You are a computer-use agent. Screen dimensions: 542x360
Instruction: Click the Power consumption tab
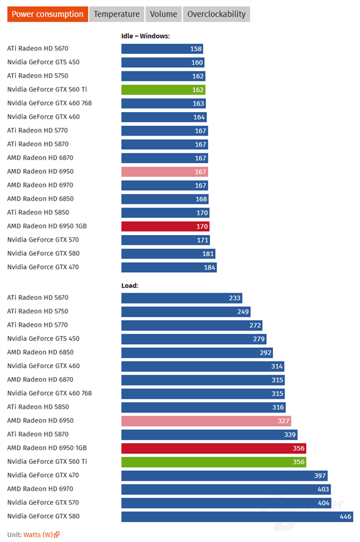(x=47, y=14)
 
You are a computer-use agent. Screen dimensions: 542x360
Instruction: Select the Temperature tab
(x=116, y=14)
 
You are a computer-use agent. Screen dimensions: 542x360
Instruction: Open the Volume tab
(x=163, y=14)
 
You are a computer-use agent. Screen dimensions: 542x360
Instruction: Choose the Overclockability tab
(x=216, y=14)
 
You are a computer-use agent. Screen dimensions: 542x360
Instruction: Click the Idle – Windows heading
(x=145, y=36)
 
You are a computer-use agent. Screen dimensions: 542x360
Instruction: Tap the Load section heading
(x=130, y=285)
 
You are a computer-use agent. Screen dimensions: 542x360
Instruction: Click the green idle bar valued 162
(x=163, y=89)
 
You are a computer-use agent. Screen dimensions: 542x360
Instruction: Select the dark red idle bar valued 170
(x=165, y=227)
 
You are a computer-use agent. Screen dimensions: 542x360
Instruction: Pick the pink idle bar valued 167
(x=164, y=171)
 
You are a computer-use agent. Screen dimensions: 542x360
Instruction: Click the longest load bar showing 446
(x=237, y=516)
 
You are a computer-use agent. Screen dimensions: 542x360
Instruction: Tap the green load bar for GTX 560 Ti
(x=214, y=462)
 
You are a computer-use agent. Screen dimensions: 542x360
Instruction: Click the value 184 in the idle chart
(x=208, y=267)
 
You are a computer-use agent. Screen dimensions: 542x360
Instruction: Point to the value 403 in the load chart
(x=323, y=489)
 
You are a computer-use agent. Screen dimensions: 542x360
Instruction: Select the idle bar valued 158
(x=162, y=49)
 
